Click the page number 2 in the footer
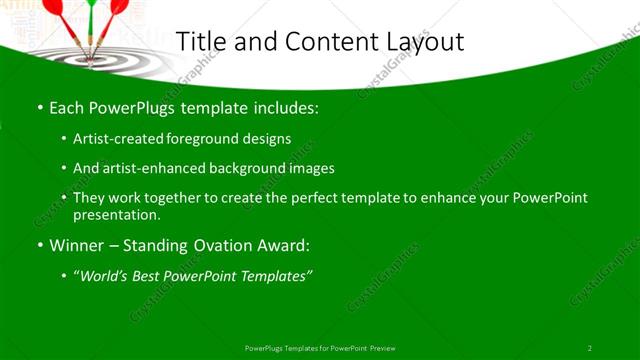point(590,347)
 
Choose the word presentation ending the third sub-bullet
point(117,214)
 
